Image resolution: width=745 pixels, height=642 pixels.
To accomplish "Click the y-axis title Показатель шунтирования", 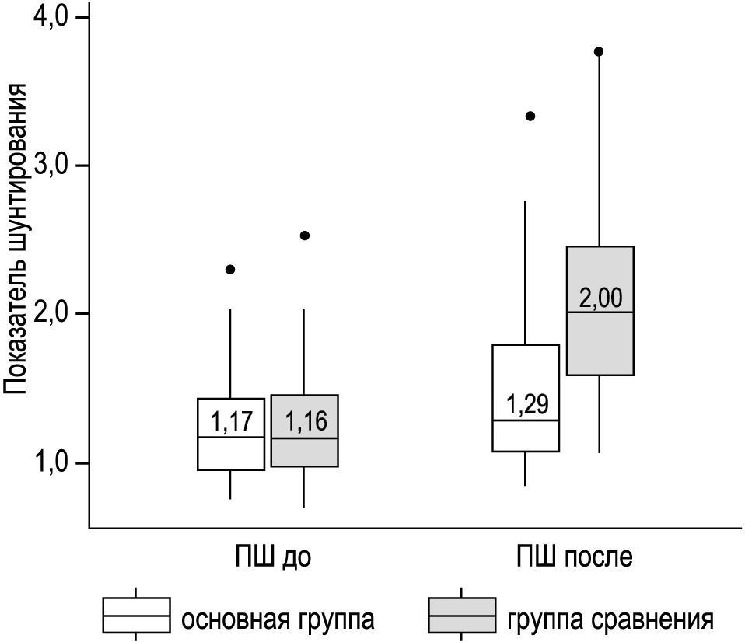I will click(x=18, y=241).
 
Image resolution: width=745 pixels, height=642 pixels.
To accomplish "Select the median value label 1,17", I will click(x=232, y=422).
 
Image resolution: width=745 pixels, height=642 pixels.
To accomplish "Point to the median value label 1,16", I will click(x=305, y=422).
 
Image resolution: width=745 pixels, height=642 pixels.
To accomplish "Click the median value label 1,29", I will click(x=526, y=404).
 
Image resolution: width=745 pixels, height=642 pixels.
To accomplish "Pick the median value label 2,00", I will click(x=600, y=298).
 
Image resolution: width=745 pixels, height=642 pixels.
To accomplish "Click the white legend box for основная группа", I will click(x=137, y=616).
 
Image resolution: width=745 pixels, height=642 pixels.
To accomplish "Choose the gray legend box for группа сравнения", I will click(x=462, y=616).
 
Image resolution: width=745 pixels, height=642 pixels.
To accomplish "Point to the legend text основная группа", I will click(x=278, y=620).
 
